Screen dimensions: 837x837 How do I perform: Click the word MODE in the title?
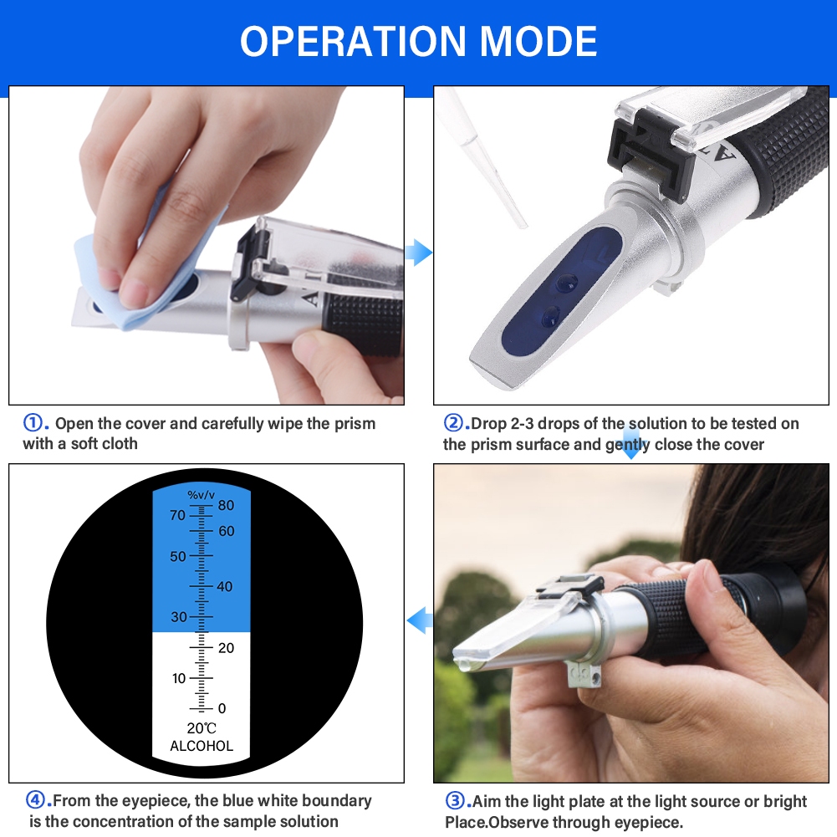pyautogui.click(x=538, y=41)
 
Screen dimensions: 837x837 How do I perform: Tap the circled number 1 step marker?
pyautogui.click(x=33, y=423)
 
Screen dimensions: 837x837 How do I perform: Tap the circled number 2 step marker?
pyautogui.click(x=454, y=423)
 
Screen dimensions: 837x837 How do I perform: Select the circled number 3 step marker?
pyautogui.click(x=455, y=801)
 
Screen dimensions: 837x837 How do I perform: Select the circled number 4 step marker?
pyautogui.click(x=35, y=800)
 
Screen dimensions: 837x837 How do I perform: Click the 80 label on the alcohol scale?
pyautogui.click(x=226, y=505)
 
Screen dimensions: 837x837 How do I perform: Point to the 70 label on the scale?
pyautogui.click(x=178, y=515)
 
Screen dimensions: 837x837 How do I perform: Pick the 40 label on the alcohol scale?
pyautogui.click(x=225, y=587)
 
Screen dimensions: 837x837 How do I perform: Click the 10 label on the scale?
pyautogui.click(x=179, y=678)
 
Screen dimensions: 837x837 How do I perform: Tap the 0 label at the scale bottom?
pyautogui.click(x=222, y=708)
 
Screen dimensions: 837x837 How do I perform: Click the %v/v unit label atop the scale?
pyautogui.click(x=202, y=495)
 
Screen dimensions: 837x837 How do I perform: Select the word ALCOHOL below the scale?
pyautogui.click(x=202, y=746)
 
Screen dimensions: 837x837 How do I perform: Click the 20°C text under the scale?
pyautogui.click(x=202, y=728)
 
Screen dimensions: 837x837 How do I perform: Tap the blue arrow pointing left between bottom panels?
pyautogui.click(x=420, y=620)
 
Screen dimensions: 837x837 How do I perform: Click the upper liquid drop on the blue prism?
pyautogui.click(x=567, y=282)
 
